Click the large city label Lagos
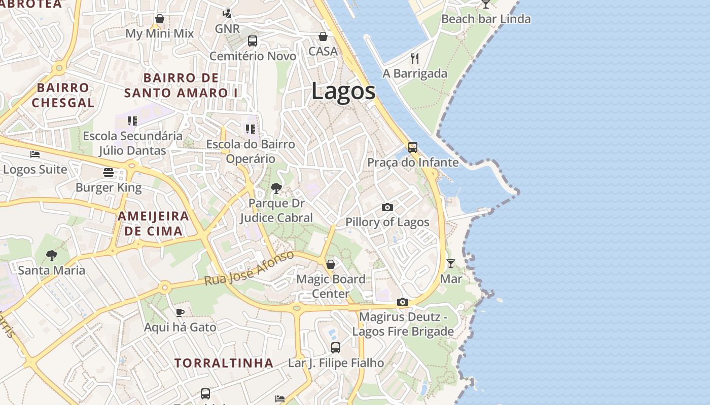coord(343,92)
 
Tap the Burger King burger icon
coord(109,172)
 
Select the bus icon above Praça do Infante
coord(413,147)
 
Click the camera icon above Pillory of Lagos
coord(387,207)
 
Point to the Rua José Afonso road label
coord(249,268)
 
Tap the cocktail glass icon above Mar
coord(450,263)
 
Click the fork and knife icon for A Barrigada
coord(415,58)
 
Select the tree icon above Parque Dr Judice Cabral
coord(276,188)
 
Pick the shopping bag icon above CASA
coord(323,36)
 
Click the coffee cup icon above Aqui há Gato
coord(180,312)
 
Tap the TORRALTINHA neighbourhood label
coord(224,363)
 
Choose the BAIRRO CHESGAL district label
coord(63,95)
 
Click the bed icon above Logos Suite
coord(35,154)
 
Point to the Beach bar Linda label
coord(486,19)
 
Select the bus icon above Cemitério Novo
coord(253,41)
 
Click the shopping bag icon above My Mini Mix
coord(160,19)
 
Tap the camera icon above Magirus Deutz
coord(403,302)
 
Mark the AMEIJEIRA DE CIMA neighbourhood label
coord(153,224)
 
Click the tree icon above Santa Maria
coord(51,255)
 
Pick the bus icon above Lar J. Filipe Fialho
coord(336,348)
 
